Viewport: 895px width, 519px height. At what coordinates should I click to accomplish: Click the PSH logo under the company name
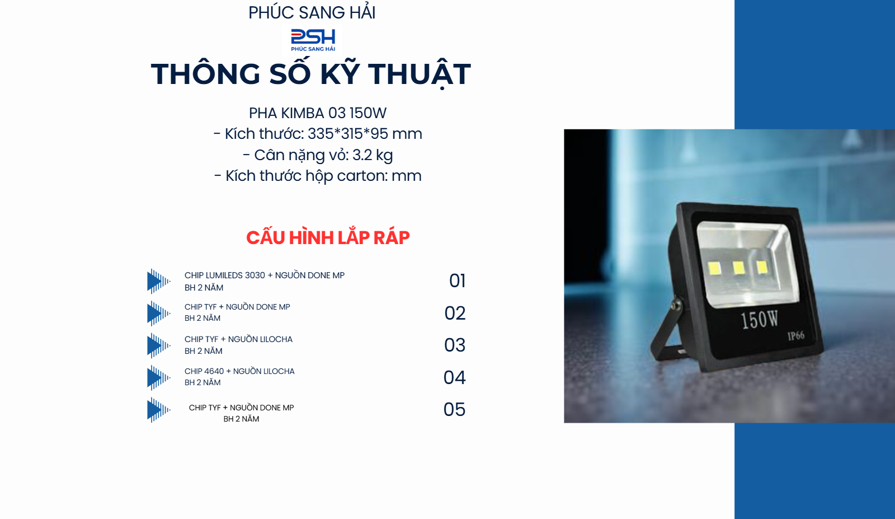(x=313, y=39)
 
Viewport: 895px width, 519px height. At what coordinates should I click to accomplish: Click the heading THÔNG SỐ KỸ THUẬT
(x=310, y=74)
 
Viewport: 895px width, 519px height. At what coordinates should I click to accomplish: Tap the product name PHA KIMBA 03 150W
(x=317, y=113)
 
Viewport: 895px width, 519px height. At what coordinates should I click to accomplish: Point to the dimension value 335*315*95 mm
(x=365, y=134)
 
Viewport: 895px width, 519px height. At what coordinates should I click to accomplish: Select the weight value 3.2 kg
(x=373, y=155)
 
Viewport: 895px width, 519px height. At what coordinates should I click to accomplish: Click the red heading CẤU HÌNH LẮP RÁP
(x=328, y=237)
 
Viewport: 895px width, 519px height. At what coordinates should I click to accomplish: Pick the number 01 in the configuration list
(x=457, y=280)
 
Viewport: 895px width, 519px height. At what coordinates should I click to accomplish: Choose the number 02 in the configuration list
(x=455, y=313)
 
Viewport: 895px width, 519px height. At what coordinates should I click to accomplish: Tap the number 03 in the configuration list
(x=455, y=345)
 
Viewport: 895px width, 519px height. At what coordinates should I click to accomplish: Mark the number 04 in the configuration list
(x=454, y=377)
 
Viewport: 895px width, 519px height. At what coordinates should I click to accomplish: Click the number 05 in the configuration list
(x=454, y=409)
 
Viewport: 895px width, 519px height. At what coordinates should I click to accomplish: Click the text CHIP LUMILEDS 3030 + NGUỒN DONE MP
(x=264, y=275)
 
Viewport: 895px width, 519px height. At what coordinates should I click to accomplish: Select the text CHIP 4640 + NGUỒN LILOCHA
(x=239, y=371)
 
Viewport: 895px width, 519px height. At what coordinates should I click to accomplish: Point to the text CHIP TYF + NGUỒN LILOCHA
(x=238, y=339)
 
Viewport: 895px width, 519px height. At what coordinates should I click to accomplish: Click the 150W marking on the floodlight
(x=759, y=320)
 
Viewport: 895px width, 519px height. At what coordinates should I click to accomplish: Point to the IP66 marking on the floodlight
(x=795, y=336)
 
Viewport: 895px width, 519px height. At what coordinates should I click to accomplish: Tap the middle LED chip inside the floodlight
(x=738, y=268)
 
